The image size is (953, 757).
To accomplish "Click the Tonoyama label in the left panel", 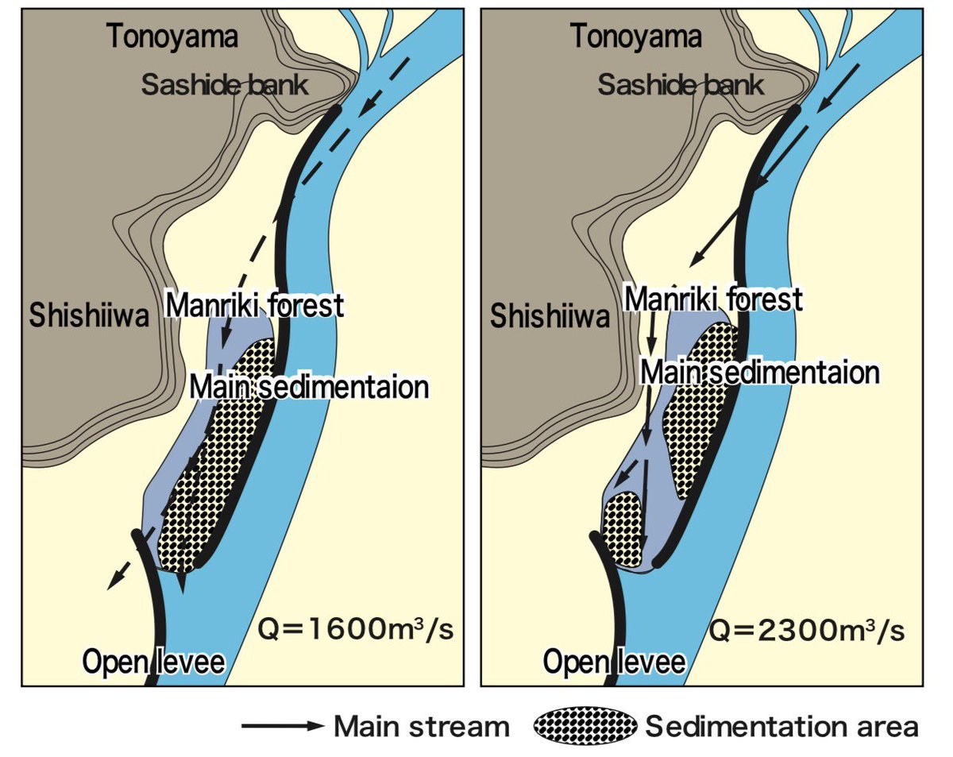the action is point(172,37).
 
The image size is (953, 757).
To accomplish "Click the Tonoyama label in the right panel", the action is point(635,37).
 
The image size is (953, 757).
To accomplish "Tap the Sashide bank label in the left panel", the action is point(225,84).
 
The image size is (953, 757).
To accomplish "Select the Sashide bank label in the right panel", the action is point(681,84).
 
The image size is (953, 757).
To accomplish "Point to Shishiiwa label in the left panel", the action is point(90,317).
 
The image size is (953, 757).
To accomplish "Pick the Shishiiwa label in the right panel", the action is point(550,317).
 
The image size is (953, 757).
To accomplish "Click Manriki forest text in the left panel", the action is point(254,304).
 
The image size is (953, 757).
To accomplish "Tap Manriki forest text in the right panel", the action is point(713,300).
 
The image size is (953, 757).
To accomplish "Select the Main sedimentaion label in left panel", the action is point(310,388).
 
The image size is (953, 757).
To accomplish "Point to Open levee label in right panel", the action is point(614,662).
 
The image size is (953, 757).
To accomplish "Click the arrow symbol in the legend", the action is point(283,726).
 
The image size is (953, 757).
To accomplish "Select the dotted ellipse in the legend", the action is point(585,726).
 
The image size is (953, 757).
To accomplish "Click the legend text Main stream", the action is point(421,726).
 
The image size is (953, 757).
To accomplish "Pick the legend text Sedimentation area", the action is point(781,726).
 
